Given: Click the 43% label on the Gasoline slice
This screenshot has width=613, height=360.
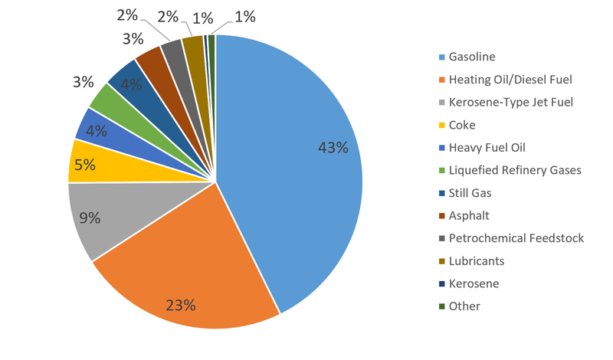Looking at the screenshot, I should [333, 148].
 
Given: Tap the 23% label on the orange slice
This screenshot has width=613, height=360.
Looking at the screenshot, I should [181, 304].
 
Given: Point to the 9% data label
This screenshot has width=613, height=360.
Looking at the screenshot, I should [90, 218].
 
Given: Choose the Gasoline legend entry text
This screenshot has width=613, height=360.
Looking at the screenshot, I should [472, 57].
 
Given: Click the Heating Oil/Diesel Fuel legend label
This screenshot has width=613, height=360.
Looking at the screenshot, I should [510, 80].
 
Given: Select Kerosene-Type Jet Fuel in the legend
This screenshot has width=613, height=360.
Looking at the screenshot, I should [510, 102].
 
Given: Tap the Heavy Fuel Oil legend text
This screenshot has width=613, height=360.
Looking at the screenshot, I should [487, 147].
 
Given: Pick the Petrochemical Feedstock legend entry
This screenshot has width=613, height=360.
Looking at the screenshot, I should [516, 238].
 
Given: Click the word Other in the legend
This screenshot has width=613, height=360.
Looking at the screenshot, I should [465, 306].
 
